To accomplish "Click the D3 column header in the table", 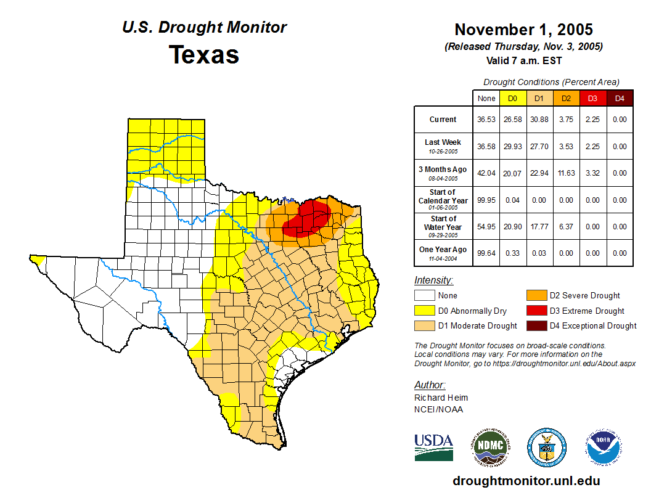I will coord(592,98).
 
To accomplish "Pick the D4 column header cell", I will coord(620,98).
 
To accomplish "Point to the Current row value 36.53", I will coord(486,120).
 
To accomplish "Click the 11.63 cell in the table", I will coord(566,173).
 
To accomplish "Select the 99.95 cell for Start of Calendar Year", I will coord(486,200).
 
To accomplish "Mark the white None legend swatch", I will coord(425,295).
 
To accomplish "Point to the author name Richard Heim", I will coord(441,398).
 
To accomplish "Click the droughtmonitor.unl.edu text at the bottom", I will coord(526,481).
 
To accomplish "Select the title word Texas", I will coord(204,54).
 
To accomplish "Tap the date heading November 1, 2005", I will coord(523,30).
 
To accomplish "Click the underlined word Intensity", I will coord(433,280).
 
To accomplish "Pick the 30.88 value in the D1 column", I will coord(539,120).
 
